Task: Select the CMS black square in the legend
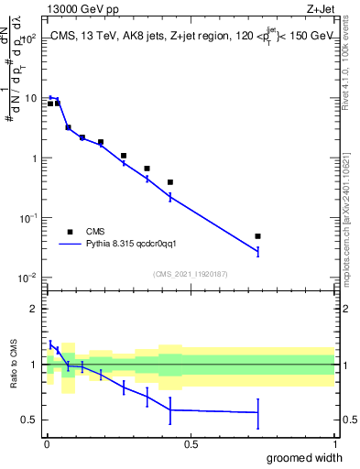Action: pyautogui.click(x=69, y=232)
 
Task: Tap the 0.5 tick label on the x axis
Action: pyautogui.click(x=191, y=442)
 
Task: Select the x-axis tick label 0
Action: pyautogui.click(x=47, y=442)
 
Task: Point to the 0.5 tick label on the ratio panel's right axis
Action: pyautogui.click(x=349, y=420)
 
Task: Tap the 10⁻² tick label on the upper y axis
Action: pyautogui.click(x=27, y=278)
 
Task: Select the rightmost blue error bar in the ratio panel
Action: pyautogui.click(x=258, y=413)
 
